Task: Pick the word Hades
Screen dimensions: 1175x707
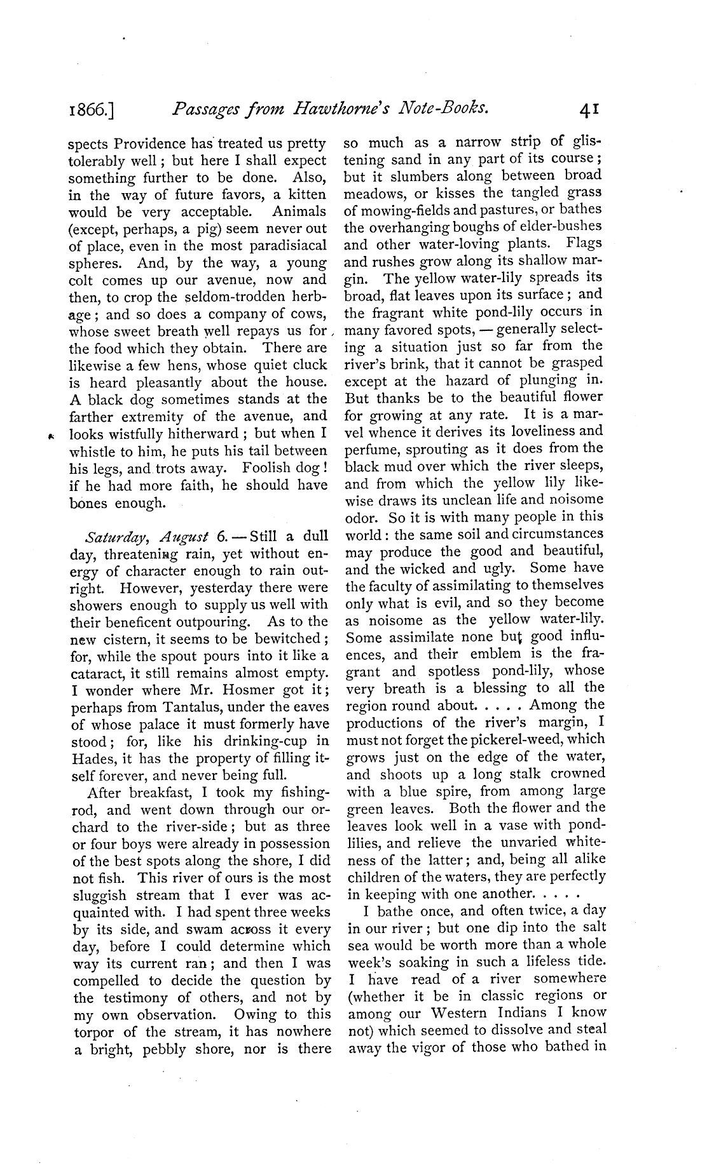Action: coord(87,759)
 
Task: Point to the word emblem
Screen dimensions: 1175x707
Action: coord(495,654)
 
